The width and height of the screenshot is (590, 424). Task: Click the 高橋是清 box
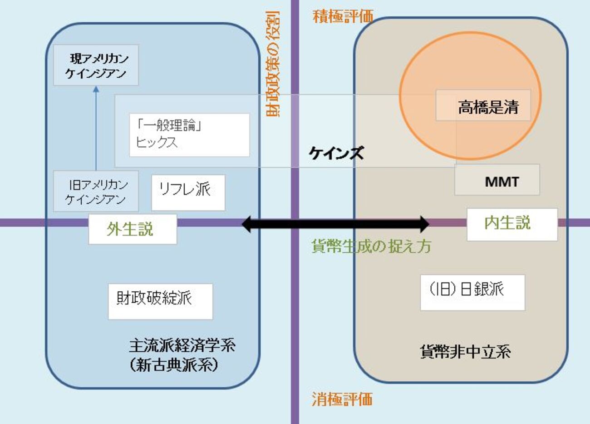click(x=483, y=105)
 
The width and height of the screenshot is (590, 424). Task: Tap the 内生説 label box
click(x=511, y=224)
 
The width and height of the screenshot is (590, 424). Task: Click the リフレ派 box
click(x=188, y=192)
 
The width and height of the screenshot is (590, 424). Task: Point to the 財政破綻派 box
click(x=160, y=301)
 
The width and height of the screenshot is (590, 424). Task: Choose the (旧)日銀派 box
click(x=472, y=292)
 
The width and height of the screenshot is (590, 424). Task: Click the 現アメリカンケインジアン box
click(x=96, y=65)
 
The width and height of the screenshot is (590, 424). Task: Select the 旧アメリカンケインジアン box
click(x=96, y=191)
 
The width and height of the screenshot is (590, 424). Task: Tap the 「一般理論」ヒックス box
click(x=189, y=135)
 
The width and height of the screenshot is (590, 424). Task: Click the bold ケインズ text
click(x=336, y=153)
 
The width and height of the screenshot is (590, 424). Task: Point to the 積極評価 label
click(x=343, y=17)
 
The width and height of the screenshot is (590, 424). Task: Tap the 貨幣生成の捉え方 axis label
click(x=371, y=246)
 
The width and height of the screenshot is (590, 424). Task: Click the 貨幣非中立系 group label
click(x=465, y=352)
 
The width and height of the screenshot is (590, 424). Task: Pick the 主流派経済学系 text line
click(x=182, y=346)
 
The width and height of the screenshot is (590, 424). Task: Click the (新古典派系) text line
click(x=173, y=365)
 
